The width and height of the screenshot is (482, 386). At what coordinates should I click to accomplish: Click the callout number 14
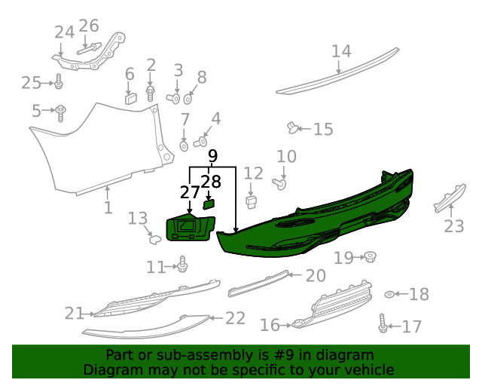tap(341, 51)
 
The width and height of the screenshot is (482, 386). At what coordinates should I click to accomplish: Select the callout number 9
tap(212, 156)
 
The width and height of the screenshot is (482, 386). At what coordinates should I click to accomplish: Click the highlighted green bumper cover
tap(316, 219)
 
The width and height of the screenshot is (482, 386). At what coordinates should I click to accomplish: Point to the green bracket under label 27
tap(190, 229)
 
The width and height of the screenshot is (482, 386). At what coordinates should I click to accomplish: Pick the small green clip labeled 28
tap(209, 203)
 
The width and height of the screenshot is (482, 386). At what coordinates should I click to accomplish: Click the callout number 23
tap(453, 225)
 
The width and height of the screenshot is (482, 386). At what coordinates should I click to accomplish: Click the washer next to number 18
tap(389, 294)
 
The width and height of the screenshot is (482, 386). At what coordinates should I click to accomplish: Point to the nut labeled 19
tap(370, 258)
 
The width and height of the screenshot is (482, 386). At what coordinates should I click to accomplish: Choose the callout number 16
tap(270, 325)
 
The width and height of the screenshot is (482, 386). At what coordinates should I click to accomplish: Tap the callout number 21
tap(75, 313)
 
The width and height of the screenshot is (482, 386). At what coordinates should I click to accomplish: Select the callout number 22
tap(235, 318)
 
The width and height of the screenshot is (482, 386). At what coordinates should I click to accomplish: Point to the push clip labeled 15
tap(293, 127)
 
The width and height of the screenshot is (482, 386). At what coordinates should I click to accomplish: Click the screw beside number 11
tap(182, 265)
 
